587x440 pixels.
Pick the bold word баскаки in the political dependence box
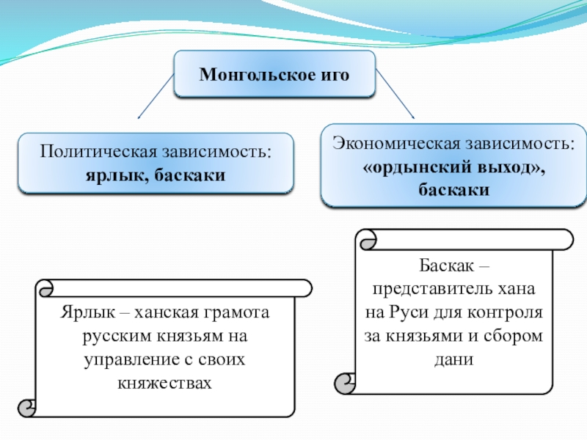click(x=190, y=175)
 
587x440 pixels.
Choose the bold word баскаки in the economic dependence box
click(x=453, y=190)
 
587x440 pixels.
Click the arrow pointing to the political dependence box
click(x=156, y=96)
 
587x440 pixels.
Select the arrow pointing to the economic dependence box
click(x=395, y=94)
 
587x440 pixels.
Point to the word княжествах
click(x=164, y=382)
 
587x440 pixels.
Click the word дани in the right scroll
click(x=453, y=359)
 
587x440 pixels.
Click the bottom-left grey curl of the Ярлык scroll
click(x=27, y=408)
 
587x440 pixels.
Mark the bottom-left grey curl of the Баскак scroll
click(x=343, y=384)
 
